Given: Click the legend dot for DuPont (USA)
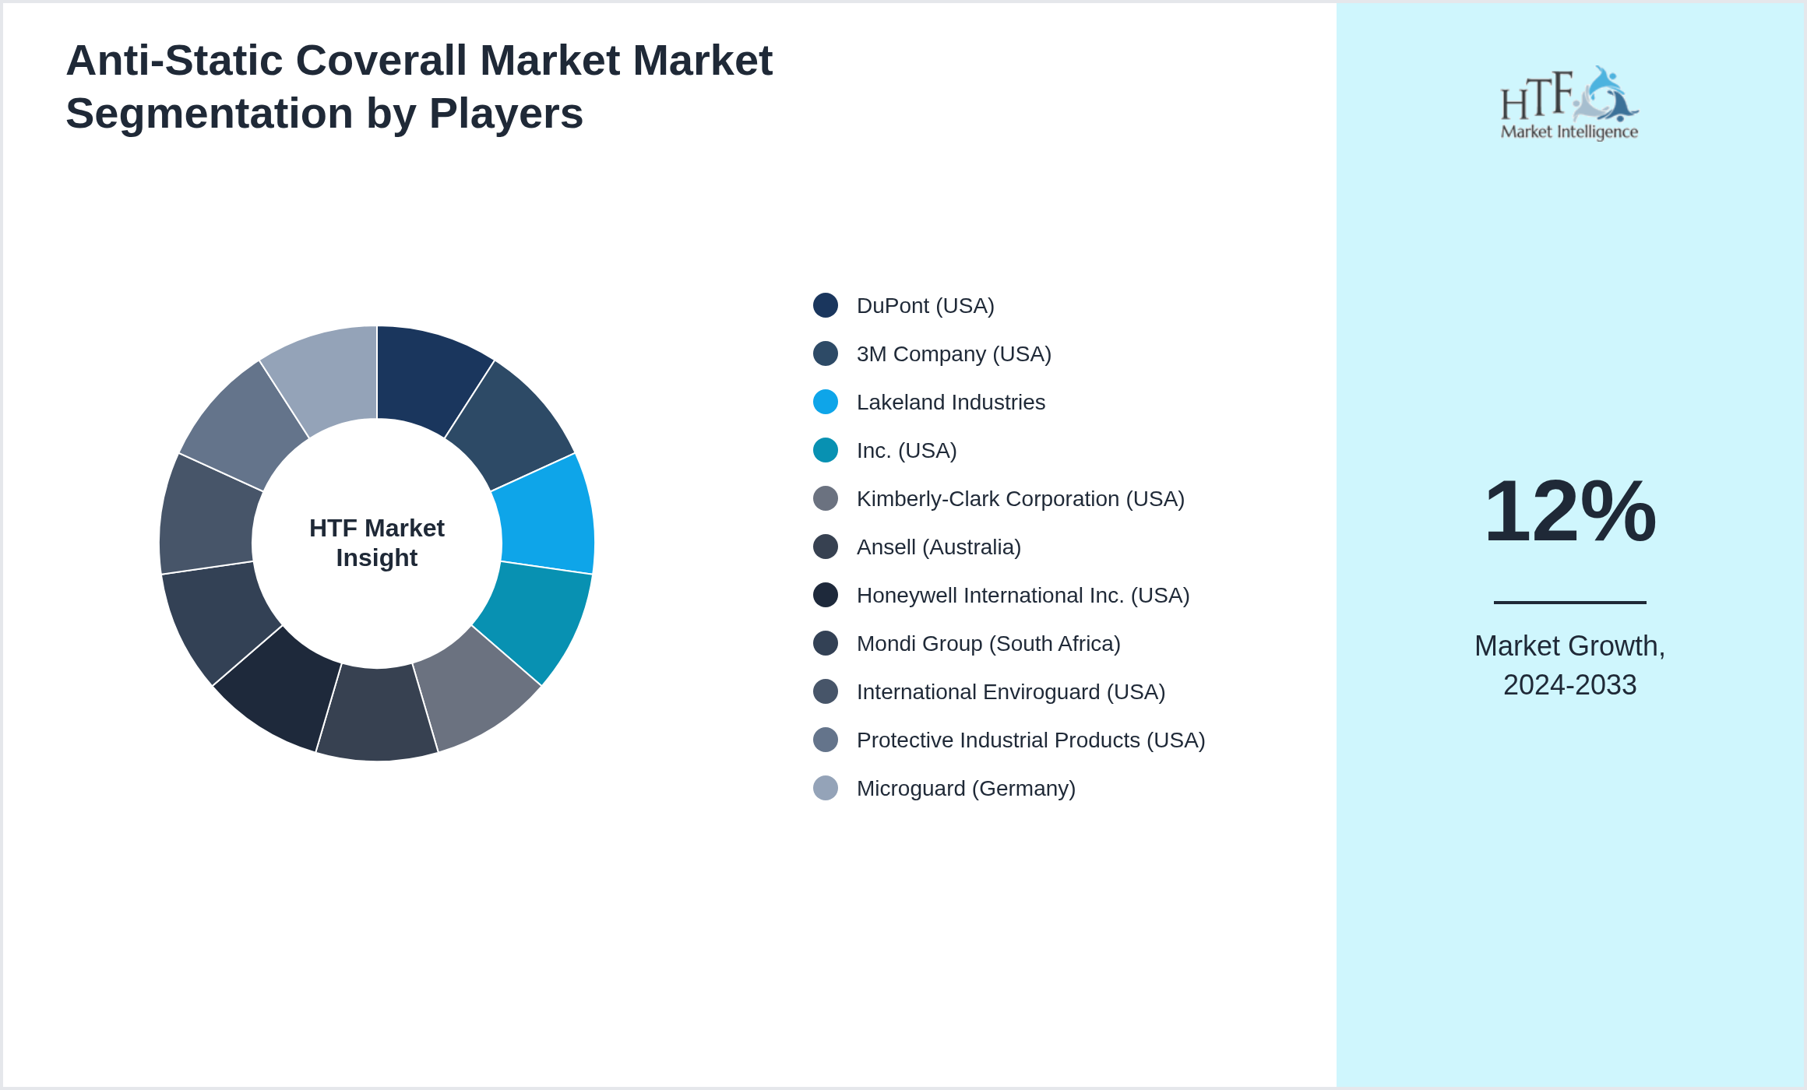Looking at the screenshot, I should (x=826, y=305).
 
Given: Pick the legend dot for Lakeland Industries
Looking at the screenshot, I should (x=826, y=402).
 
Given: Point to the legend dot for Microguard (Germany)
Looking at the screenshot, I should (x=826, y=788).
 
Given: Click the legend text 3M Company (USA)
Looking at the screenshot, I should (x=953, y=353).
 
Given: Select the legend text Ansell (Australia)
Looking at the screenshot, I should (x=939, y=547).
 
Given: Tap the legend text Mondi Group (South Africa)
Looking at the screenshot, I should (x=988, y=643).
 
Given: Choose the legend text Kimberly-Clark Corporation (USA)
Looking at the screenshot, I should (x=1020, y=498).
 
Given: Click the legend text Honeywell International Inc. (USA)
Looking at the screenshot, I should (x=1023, y=595).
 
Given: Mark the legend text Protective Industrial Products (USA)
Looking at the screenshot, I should (x=1030, y=740).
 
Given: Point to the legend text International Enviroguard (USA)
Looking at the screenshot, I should (x=1010, y=691).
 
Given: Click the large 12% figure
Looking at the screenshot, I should (x=1569, y=512).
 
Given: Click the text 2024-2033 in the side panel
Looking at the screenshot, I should (x=1569, y=685).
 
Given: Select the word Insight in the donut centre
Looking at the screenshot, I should (x=377, y=558).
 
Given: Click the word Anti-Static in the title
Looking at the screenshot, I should (x=174, y=61).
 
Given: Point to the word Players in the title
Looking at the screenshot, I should (x=505, y=114).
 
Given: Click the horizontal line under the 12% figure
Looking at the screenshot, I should (x=1569, y=602).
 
